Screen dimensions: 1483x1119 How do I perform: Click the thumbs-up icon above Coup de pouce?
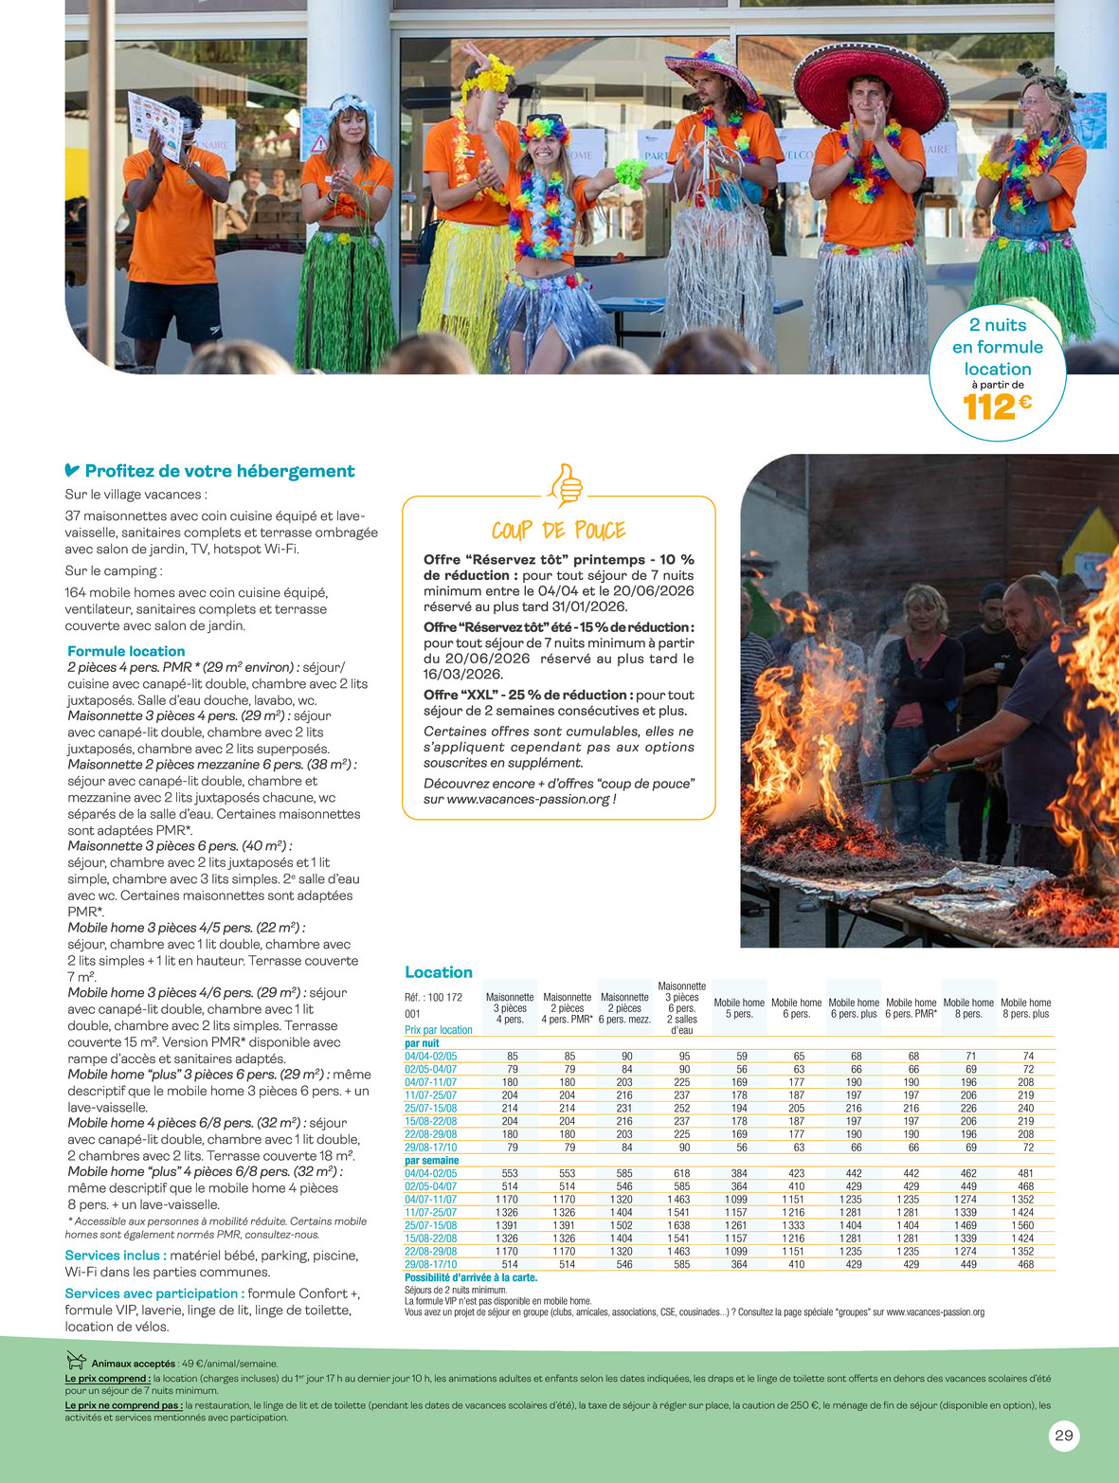pos(566,485)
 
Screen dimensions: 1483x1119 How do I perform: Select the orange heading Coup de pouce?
pos(559,531)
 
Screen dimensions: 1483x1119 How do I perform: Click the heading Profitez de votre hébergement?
pos(219,471)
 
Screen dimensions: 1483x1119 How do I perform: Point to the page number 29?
pos(1064,1436)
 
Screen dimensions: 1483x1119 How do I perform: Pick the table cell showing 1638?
pos(681,1225)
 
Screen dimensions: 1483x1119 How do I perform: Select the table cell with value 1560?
pos(1025,1225)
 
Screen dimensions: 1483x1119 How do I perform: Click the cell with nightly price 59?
pos(739,1056)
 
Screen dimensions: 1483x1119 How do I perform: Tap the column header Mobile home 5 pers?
pos(739,1008)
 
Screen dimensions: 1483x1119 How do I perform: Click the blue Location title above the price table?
pos(438,972)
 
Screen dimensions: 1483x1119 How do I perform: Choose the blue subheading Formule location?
pos(126,651)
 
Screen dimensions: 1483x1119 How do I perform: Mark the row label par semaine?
pos(431,1161)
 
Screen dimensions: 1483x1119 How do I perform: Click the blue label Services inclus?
pos(115,1256)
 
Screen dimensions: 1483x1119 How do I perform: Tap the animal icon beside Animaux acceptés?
pos(76,1361)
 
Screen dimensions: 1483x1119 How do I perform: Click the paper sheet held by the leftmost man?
pos(154,124)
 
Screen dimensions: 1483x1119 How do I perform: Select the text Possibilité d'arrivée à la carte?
pos(471,1277)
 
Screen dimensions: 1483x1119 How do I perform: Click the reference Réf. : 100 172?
pos(433,997)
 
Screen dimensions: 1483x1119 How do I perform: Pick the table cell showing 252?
pos(681,1108)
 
